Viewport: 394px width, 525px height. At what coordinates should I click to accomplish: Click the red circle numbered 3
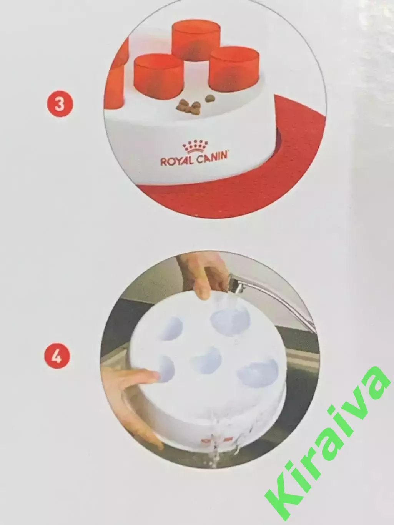click(x=60, y=103)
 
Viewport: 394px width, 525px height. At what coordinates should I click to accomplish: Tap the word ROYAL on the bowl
click(x=176, y=161)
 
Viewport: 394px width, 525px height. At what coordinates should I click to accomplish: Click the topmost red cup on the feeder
click(x=196, y=41)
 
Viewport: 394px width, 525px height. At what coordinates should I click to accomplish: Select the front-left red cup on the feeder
click(x=159, y=76)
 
